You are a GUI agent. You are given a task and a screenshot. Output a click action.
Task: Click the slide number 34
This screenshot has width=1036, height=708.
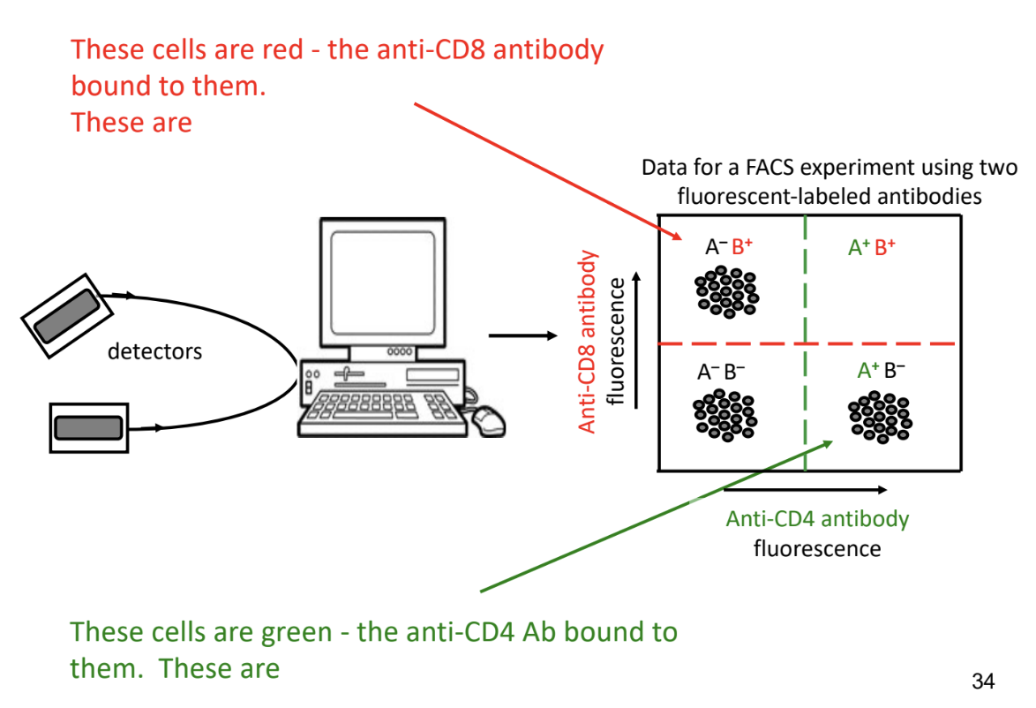pos(983,681)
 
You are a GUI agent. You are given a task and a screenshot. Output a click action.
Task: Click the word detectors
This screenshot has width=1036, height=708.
pos(154,351)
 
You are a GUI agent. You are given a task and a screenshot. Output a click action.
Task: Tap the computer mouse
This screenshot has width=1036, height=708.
pos(488,421)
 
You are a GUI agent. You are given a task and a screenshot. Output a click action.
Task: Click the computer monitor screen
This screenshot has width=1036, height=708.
pos(383,282)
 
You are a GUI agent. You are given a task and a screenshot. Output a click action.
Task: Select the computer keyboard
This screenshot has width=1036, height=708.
pos(383,413)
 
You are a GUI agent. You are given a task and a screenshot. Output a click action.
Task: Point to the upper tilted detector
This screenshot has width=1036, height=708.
pos(67,315)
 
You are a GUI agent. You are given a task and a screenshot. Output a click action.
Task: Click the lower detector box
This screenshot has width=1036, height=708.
pos(89,427)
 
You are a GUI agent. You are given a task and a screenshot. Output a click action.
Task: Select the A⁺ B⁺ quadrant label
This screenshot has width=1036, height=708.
pos(872,247)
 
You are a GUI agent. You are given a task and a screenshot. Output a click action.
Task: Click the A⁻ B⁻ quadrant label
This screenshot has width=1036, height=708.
pos(721,373)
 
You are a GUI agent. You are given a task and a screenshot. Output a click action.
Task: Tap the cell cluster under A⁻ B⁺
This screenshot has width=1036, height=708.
pos(727,291)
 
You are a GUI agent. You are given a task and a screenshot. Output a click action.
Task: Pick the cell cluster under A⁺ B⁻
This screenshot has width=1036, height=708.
pos(880,417)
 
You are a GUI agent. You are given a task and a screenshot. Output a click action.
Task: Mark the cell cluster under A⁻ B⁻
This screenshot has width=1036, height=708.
pos(724,415)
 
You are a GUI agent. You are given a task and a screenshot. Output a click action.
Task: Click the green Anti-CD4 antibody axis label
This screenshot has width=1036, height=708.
pos(817,519)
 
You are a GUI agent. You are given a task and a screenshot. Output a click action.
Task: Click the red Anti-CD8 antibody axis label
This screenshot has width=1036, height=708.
pos(587,342)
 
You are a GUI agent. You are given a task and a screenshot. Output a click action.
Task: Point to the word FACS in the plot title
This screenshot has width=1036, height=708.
pos(771,167)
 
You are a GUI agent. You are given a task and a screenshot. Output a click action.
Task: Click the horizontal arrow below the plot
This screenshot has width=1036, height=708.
pos(806,490)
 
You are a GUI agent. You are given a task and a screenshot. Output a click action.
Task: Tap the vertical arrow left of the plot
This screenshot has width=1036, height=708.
pos(637,340)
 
